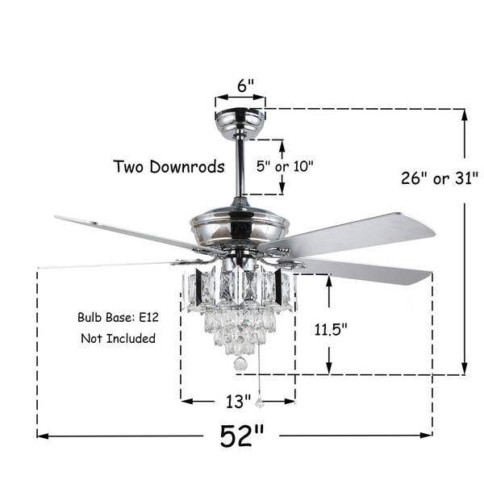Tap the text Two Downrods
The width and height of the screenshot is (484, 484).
(x=169, y=167)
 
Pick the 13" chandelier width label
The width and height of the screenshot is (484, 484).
(x=238, y=399)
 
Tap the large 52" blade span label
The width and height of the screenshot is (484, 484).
(x=241, y=436)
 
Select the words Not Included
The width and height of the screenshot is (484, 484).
(x=118, y=338)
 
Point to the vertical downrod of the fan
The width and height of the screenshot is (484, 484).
(x=240, y=169)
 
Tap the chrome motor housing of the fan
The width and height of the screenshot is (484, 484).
(x=240, y=222)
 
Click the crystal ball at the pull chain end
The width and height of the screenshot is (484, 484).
(x=259, y=401)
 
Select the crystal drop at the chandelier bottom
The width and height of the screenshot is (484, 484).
(x=239, y=365)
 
